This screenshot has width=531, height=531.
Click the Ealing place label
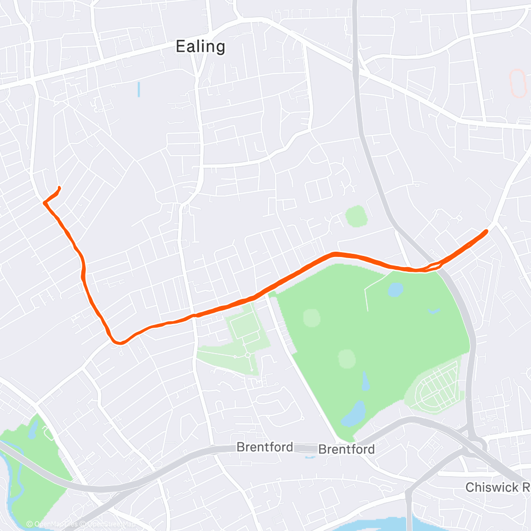click(200, 47)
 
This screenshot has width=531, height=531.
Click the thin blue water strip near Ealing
click(139, 89)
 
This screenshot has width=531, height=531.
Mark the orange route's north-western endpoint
click(58, 187)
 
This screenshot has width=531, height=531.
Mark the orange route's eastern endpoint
click(486, 231)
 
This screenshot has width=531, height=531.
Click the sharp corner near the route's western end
click(44, 202)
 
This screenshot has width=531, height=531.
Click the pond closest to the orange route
click(396, 289)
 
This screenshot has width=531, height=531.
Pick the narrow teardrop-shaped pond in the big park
click(365, 381)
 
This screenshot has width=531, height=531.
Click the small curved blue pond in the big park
click(434, 310)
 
